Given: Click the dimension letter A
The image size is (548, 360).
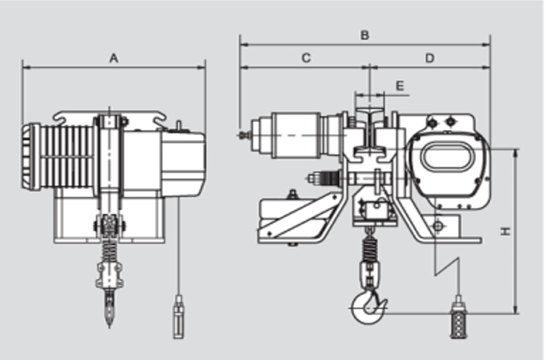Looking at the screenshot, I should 114,58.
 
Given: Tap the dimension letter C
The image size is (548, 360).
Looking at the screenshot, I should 306,58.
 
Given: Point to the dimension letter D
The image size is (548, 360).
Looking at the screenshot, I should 430,58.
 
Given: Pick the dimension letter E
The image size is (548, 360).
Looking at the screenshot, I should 399,86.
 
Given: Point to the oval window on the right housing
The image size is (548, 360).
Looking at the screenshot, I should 449,157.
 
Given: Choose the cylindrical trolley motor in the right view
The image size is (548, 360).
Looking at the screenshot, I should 295,135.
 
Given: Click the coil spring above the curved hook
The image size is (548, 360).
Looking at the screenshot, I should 369,248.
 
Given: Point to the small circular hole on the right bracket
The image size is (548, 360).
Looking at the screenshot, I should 439,225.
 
